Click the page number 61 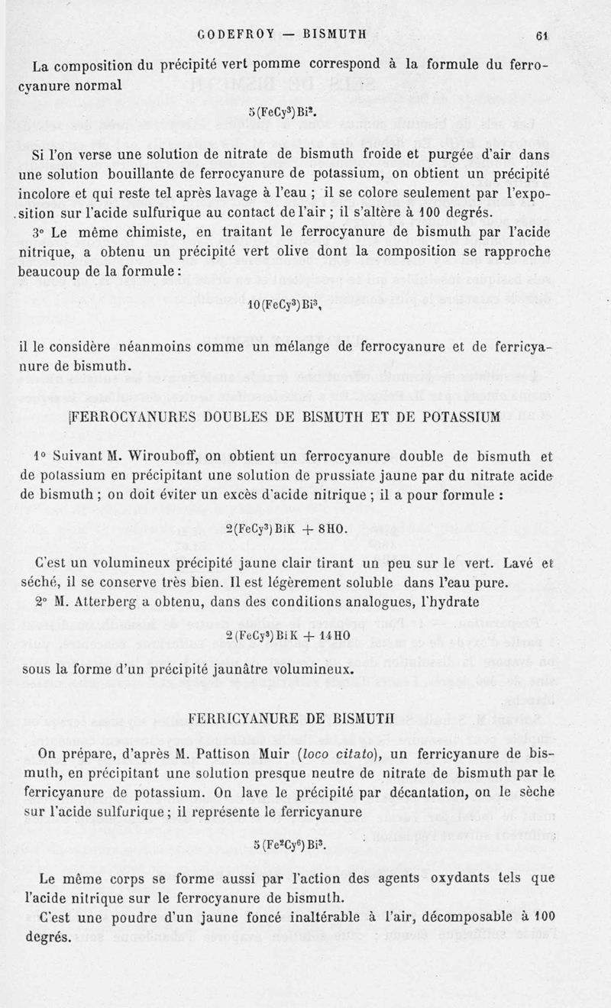[x=543, y=34]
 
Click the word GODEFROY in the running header [x=231, y=34]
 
